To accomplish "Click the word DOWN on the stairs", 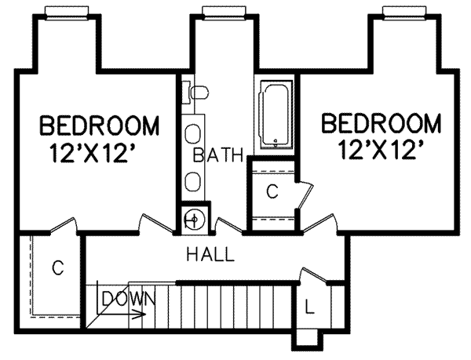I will pyautogui.click(x=129, y=298).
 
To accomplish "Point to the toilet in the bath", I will pyautogui.click(x=197, y=93).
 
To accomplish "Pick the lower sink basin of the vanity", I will pyautogui.click(x=192, y=181).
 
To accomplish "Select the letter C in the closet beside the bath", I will pyautogui.click(x=272, y=191).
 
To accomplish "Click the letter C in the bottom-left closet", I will pyautogui.click(x=57, y=268).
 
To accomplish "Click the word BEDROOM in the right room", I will pyautogui.click(x=380, y=124).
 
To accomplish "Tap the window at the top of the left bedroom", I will pyautogui.click(x=68, y=10).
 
